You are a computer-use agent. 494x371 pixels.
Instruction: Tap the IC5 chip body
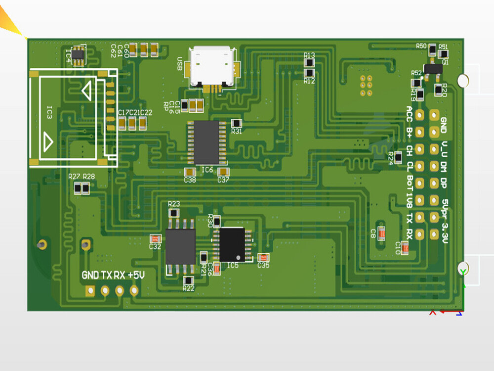[232, 244]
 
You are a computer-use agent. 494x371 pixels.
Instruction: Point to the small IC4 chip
[78, 55]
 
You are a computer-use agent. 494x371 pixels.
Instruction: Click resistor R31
[236, 123]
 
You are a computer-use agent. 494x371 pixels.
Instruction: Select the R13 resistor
[309, 63]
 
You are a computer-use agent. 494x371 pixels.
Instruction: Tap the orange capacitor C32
[155, 237]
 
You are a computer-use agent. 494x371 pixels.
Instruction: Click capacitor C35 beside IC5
[264, 257]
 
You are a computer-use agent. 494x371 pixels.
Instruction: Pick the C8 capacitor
[381, 232]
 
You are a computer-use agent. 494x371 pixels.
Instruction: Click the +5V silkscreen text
[136, 275]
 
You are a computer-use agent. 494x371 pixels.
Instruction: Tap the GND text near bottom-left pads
[90, 275]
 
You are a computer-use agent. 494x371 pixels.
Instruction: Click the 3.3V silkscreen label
[445, 232]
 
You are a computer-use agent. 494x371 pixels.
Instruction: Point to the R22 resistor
[188, 280]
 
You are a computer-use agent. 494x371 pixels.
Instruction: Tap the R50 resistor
[432, 49]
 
